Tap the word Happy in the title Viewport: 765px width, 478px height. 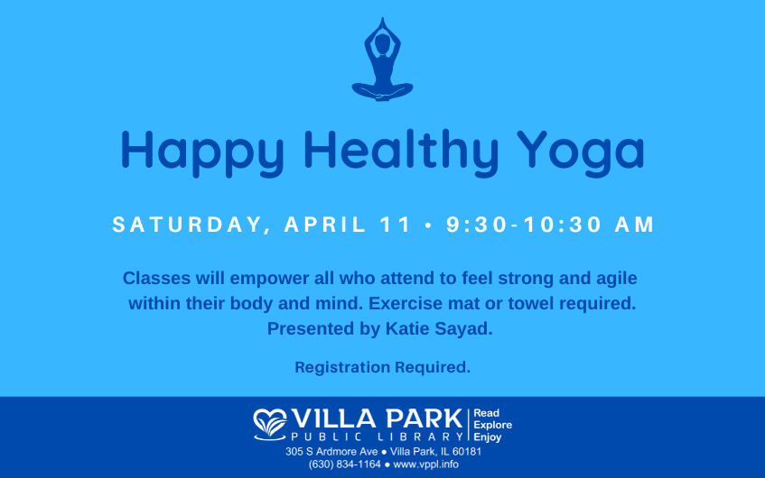(x=202, y=153)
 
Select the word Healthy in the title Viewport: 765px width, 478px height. (x=401, y=153)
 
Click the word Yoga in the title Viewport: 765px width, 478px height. (x=581, y=153)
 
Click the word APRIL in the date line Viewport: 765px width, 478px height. (x=325, y=225)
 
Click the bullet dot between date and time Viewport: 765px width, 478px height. (x=429, y=225)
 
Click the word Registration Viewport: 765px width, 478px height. (x=342, y=367)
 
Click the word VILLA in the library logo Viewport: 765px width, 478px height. (x=333, y=419)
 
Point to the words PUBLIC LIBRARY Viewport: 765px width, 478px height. (x=377, y=437)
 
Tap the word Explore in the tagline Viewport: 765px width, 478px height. (x=493, y=425)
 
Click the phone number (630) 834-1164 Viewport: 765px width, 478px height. (x=344, y=464)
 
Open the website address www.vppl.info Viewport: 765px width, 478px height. (x=426, y=464)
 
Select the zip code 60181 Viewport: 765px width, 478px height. (x=466, y=452)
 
